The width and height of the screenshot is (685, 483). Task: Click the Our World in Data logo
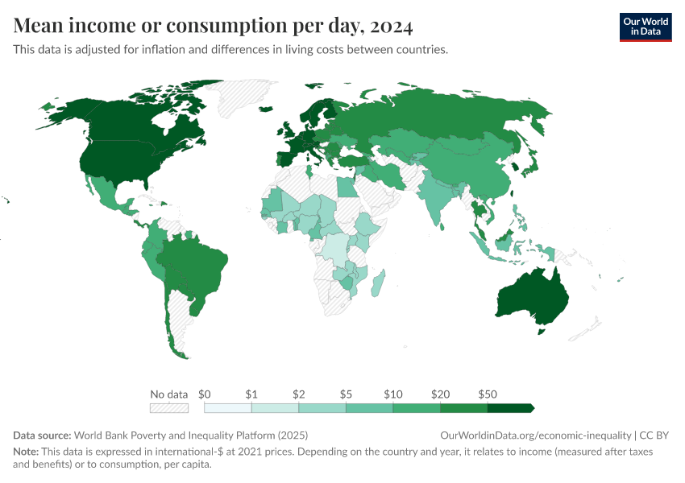[x=645, y=27]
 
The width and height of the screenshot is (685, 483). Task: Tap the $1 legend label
[x=251, y=394]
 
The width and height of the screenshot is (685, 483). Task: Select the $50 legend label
[x=487, y=394]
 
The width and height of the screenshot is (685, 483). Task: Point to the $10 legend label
[x=392, y=394]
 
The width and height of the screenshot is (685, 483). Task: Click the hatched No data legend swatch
[x=168, y=408]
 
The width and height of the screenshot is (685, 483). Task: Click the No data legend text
[x=168, y=394]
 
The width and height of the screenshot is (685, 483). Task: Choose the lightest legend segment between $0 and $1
[x=227, y=408]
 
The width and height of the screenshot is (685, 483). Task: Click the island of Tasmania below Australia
[x=542, y=331]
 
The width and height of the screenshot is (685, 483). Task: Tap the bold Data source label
[x=41, y=436]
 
